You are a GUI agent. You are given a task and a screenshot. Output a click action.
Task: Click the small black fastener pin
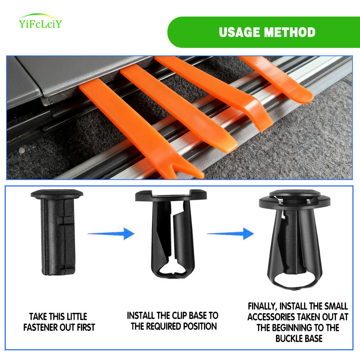57,232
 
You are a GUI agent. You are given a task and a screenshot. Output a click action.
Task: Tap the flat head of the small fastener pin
57,194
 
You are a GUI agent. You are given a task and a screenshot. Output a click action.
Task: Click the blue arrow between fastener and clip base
111,234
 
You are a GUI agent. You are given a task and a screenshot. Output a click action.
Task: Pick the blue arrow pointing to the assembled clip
230,234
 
